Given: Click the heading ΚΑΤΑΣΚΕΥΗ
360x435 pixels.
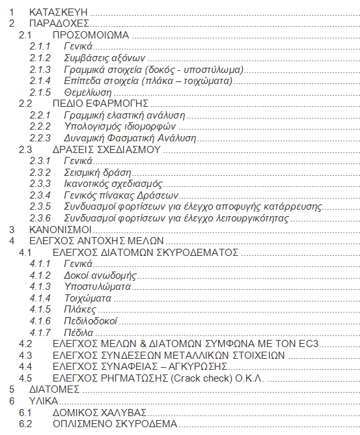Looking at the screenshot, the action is tap(58, 12).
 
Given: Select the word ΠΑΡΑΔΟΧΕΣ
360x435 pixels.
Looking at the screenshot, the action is tap(59, 23).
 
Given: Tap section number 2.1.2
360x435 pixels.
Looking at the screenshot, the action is tap(40, 58).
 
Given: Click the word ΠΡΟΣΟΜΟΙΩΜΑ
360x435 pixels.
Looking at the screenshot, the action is tap(90, 35).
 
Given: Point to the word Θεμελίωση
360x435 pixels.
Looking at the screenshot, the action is tap(88, 92).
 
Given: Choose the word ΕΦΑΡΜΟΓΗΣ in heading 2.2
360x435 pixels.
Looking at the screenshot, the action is tap(117, 104).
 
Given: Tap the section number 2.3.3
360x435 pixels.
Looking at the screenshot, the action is tap(40, 184).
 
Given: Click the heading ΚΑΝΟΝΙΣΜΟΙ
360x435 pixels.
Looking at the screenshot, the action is tap(60, 230).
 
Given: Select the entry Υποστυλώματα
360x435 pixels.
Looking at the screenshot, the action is tap(98, 287).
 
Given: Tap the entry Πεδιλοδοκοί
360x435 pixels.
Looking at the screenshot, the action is tap(90, 321).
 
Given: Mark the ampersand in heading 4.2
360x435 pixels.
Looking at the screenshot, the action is tap(143, 344).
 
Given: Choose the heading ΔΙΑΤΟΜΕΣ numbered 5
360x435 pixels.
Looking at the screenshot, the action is tap(55, 389).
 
